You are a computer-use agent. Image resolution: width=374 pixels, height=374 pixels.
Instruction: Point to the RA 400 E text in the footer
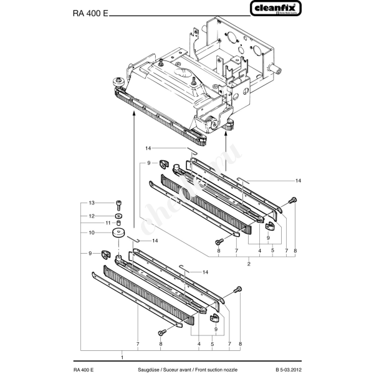tap(84, 369)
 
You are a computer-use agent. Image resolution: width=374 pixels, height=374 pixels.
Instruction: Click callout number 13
tap(91, 203)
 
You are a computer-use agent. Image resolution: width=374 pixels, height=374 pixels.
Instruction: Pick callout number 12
tap(91, 216)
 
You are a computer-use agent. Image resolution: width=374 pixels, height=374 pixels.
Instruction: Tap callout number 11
tap(107, 223)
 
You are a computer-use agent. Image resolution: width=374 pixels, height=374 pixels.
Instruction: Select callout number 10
tap(91, 233)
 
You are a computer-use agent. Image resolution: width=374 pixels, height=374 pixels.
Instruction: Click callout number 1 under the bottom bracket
tap(122, 357)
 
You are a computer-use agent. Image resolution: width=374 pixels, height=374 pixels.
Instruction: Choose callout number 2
tap(249, 264)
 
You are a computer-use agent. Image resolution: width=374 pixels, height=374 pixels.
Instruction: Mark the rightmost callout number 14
tap(298, 180)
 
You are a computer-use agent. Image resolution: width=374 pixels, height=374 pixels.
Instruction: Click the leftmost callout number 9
tap(91, 252)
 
